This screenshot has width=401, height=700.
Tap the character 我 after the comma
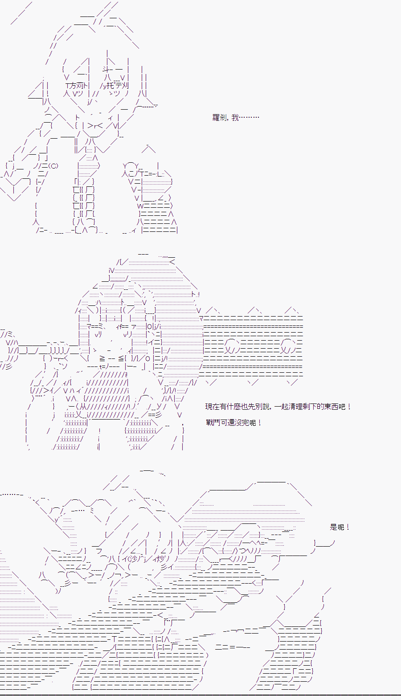tap(235, 118)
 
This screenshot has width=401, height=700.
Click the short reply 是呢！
tap(340, 527)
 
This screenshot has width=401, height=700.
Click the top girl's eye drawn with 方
tap(77, 85)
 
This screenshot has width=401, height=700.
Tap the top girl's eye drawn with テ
tap(115, 85)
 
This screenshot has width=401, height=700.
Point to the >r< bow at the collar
tap(95, 126)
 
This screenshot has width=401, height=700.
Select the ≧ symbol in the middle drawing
tap(102, 358)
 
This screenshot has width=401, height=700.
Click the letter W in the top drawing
tap(140, 206)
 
